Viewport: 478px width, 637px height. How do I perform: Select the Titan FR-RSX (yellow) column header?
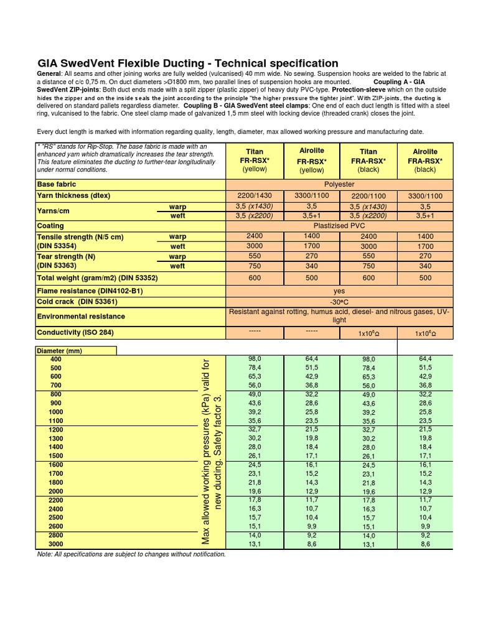coord(255,160)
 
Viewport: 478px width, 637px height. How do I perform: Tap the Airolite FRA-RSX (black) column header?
coord(425,160)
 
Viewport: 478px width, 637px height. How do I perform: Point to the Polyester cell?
coord(339,185)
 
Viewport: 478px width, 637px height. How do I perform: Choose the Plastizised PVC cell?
coord(339,226)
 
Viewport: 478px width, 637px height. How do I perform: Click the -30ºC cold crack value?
coord(339,302)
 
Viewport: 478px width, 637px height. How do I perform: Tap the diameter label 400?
coord(57,360)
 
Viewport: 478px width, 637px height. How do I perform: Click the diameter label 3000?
coord(57,544)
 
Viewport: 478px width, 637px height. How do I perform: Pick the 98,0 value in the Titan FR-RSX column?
coord(255,360)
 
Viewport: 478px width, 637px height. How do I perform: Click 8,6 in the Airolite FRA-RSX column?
coord(425,544)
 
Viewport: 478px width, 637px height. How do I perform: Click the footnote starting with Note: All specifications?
coord(131,554)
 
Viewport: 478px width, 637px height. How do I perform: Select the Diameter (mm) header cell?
coord(60,351)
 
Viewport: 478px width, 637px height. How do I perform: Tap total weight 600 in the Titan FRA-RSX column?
coord(368,278)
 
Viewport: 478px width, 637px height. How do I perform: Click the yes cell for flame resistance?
coord(339,291)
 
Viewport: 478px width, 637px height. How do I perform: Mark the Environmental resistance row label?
coord(81,317)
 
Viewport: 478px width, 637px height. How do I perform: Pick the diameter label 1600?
coord(57,465)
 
